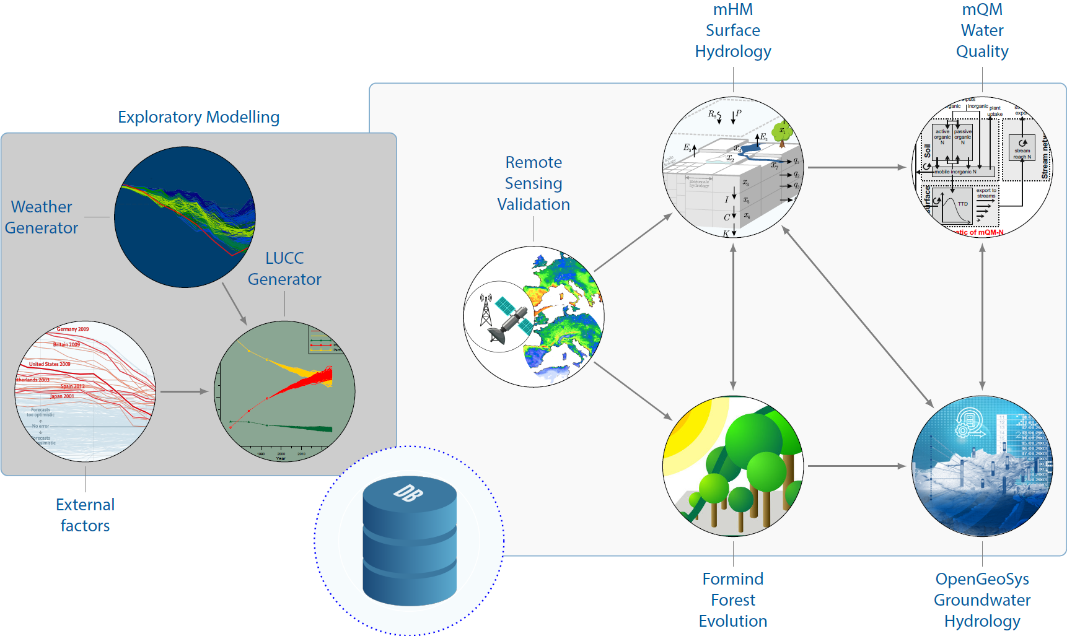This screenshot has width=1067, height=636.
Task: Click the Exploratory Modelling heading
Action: coord(198,117)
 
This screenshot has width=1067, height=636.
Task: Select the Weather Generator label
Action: coord(42,217)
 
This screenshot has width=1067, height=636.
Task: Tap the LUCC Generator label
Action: coord(284,269)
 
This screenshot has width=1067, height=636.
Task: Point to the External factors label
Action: coord(86,515)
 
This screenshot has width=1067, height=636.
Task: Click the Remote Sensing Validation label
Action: coord(533,183)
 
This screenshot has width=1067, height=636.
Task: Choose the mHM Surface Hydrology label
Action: coord(733,31)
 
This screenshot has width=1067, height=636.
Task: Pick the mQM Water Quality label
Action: coord(982,31)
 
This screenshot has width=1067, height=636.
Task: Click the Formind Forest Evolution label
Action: coord(733,600)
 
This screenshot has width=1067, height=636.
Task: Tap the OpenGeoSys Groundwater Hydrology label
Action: coord(982,600)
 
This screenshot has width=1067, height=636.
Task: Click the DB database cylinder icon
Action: coord(410,541)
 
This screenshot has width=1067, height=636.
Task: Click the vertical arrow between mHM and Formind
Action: coord(733,316)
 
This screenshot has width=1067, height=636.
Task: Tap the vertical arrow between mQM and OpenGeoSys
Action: coord(982,316)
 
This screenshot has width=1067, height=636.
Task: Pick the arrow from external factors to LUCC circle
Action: coord(184,391)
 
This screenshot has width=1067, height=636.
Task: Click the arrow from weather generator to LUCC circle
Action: coord(234,303)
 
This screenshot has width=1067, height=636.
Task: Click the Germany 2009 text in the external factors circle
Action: coord(73,329)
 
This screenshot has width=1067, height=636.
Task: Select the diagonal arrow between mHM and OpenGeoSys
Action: coord(858,316)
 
